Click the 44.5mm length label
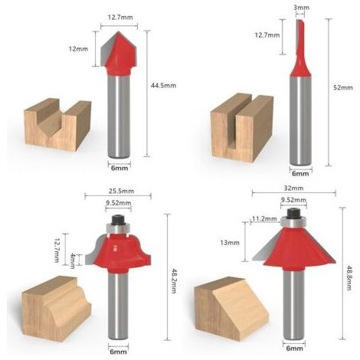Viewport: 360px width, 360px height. pyautogui.click(x=163, y=85)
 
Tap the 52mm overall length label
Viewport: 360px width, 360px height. pyautogui.click(x=343, y=87)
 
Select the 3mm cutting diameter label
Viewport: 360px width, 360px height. pyautogui.click(x=301, y=8)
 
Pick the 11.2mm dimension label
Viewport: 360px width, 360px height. pyautogui.click(x=264, y=219)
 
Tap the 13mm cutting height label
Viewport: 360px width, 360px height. pyautogui.click(x=230, y=243)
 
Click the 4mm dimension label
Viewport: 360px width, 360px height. pyautogui.click(x=73, y=260)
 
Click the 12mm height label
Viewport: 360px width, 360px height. pyautogui.click(x=78, y=49)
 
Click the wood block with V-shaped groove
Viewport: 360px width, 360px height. pyautogui.click(x=57, y=125)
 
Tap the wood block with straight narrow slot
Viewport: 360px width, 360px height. pyautogui.click(x=242, y=127)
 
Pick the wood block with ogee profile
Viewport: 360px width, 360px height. pyautogui.click(x=56, y=308)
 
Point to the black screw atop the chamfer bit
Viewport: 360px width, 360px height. pyautogui.click(x=293, y=213)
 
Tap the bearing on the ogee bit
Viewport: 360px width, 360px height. pyautogui.click(x=118, y=228)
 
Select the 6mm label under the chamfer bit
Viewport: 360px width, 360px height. pyautogui.click(x=294, y=348)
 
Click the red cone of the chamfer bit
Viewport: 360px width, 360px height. pyautogui.click(x=299, y=249)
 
